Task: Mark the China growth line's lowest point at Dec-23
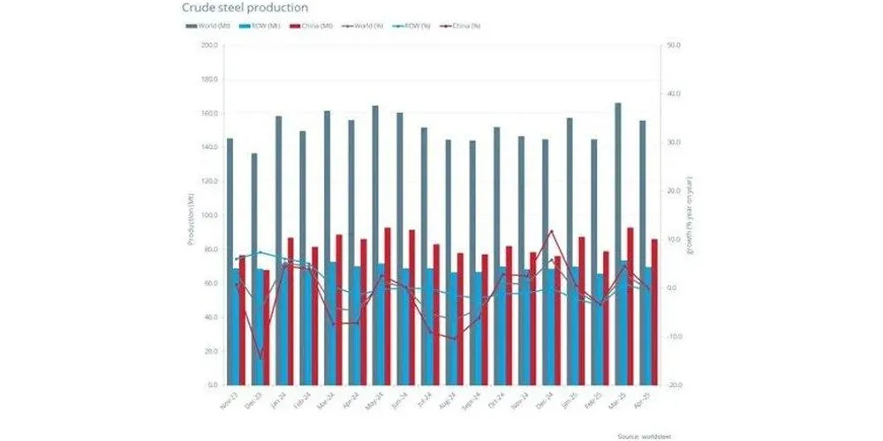(260, 359)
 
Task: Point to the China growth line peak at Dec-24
(552, 231)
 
